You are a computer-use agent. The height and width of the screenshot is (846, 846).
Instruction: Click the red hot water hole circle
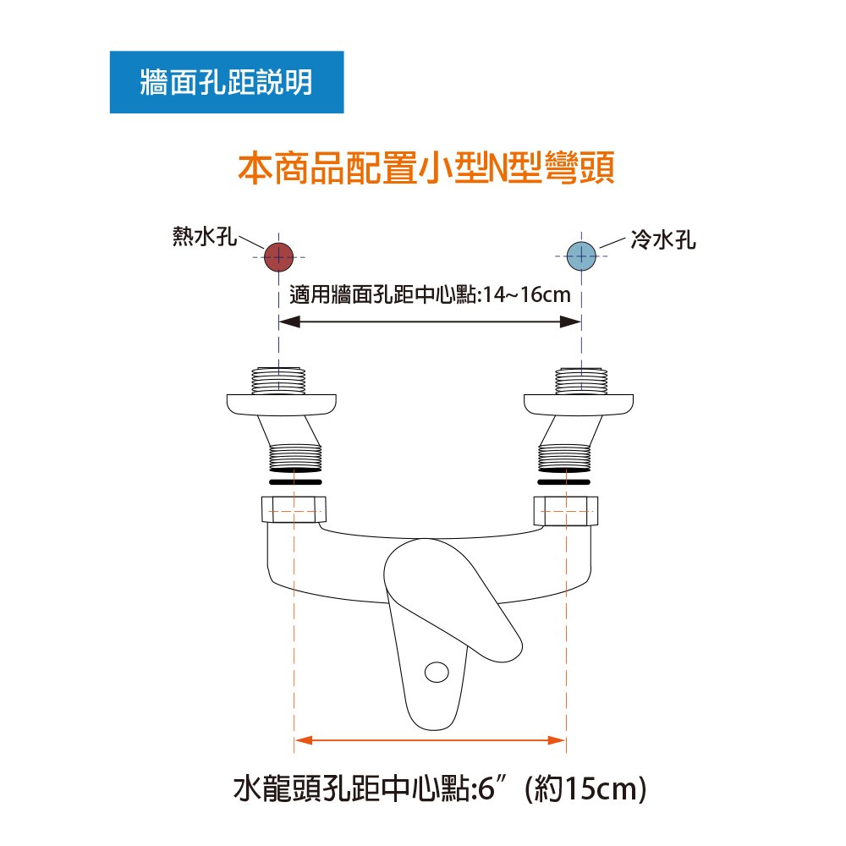278,257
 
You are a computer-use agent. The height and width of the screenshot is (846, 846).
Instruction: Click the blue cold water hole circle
582,256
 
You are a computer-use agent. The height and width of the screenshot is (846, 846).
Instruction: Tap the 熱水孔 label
205,236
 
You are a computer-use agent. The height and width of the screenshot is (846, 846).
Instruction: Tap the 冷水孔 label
663,239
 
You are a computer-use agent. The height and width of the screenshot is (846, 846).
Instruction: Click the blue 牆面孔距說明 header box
227,82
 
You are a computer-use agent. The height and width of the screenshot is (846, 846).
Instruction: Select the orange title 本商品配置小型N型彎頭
426,168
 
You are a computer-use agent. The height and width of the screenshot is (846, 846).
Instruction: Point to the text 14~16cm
526,295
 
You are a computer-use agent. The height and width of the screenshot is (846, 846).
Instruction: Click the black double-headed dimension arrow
430,322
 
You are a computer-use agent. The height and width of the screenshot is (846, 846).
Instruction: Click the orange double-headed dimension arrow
430,740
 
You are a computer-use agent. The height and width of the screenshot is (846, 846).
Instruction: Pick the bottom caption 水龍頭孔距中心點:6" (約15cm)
440,788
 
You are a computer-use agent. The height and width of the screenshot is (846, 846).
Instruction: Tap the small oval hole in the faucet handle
437,673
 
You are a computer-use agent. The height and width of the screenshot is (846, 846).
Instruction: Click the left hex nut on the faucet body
294,509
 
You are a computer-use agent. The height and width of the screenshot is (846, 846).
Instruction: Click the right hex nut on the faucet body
566,510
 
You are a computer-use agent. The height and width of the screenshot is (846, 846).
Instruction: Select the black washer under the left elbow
295,482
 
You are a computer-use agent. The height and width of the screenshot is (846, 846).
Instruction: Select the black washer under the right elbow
563,482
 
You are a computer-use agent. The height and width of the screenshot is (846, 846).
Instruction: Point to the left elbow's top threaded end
278,381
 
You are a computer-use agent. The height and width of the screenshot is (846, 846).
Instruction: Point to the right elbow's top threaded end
582,381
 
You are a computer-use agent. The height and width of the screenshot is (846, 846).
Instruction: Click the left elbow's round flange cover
281,405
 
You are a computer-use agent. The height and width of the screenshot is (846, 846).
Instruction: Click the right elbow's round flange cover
579,405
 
